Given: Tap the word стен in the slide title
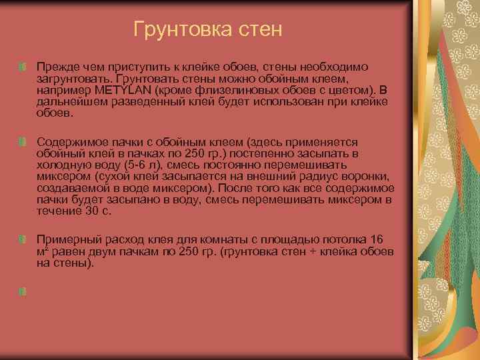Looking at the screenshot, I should coord(257,29).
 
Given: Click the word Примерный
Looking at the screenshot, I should coord(67,239).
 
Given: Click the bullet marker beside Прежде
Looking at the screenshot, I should coord(23,67).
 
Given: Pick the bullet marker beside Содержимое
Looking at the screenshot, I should coord(23,142).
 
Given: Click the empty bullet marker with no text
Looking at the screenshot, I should coord(23,291).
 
